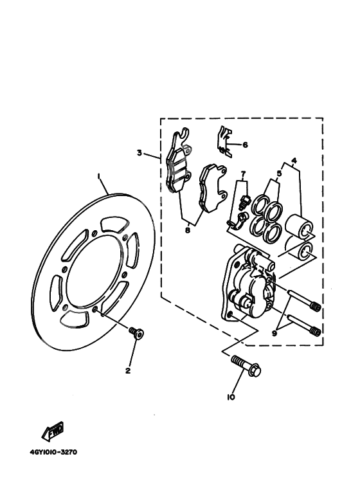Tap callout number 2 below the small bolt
pos(128,370)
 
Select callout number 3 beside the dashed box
pos(138,153)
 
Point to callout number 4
pos(294,160)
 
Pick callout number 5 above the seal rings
pos(279,173)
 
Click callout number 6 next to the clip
pos(245,145)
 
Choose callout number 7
pos(243,174)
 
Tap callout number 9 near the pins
pos(275,332)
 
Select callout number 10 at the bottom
pos(231,397)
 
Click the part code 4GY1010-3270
pos(53,451)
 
